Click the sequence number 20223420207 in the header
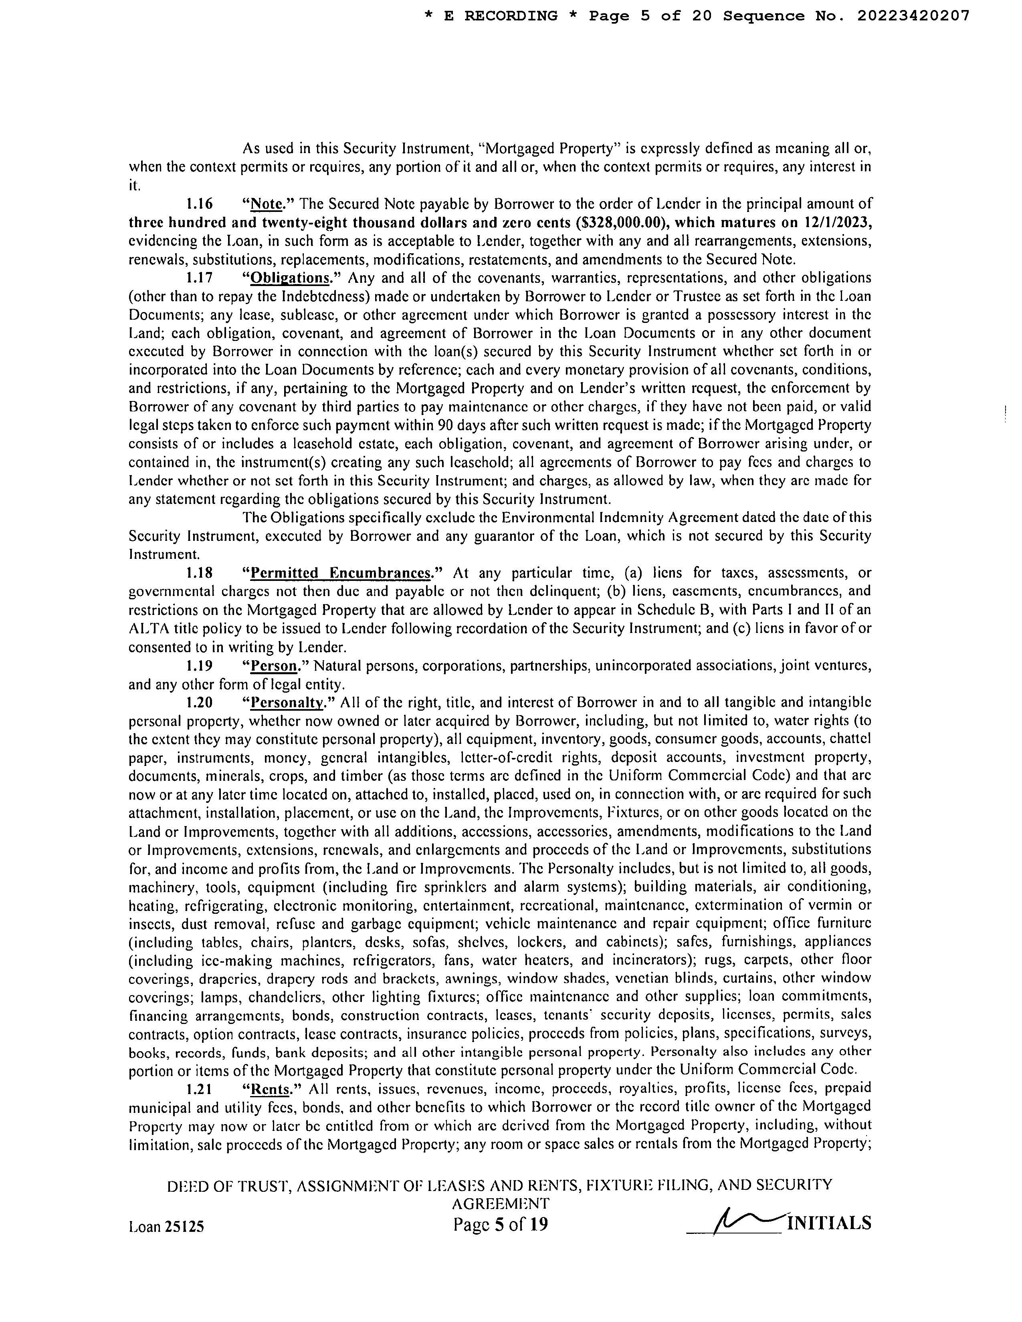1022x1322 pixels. click(913, 16)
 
